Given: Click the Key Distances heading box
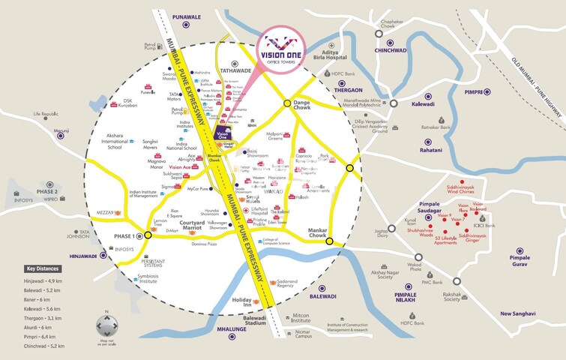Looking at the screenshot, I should click(41, 268).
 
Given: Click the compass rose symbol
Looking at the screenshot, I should click(107, 325).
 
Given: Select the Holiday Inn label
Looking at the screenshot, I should click(242, 303).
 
